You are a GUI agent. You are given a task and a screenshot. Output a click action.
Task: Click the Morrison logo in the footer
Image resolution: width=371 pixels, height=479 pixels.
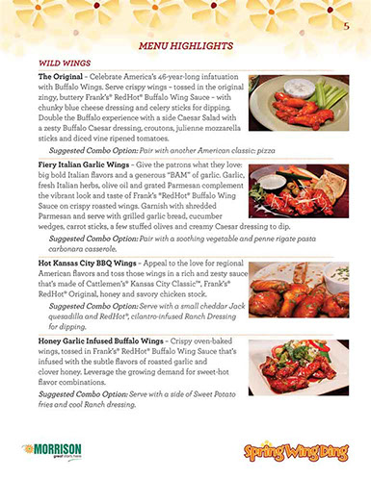[53, 449]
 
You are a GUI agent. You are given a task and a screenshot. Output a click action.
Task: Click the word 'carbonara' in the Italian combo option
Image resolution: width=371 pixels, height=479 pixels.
[67, 246]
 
